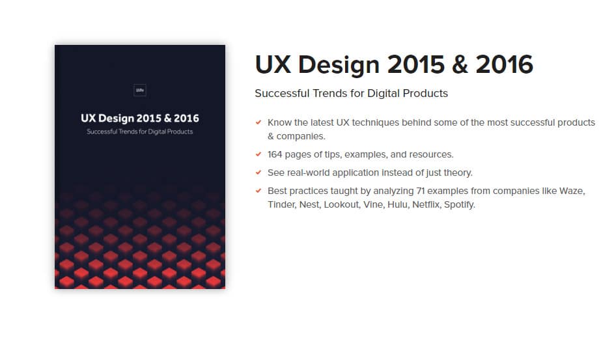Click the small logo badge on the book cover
tap(140, 91)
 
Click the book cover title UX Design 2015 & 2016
tap(140, 118)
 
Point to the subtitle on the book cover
tap(140, 132)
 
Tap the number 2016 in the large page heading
tap(505, 64)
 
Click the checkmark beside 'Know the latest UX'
tap(258, 122)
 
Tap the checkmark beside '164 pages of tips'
tap(258, 154)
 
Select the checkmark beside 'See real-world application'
tap(258, 173)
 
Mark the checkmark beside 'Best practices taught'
tap(258, 191)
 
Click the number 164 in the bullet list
tap(277, 154)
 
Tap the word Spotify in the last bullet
tap(459, 204)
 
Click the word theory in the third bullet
tap(458, 173)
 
